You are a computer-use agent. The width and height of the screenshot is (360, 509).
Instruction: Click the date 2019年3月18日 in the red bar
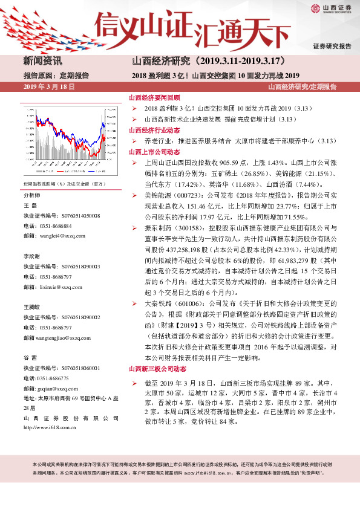(49, 87)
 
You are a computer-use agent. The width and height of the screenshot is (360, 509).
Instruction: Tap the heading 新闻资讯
(43, 61)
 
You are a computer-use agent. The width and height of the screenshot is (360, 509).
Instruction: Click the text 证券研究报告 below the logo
(332, 47)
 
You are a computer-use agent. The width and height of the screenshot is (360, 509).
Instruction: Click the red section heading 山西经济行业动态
(154, 130)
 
